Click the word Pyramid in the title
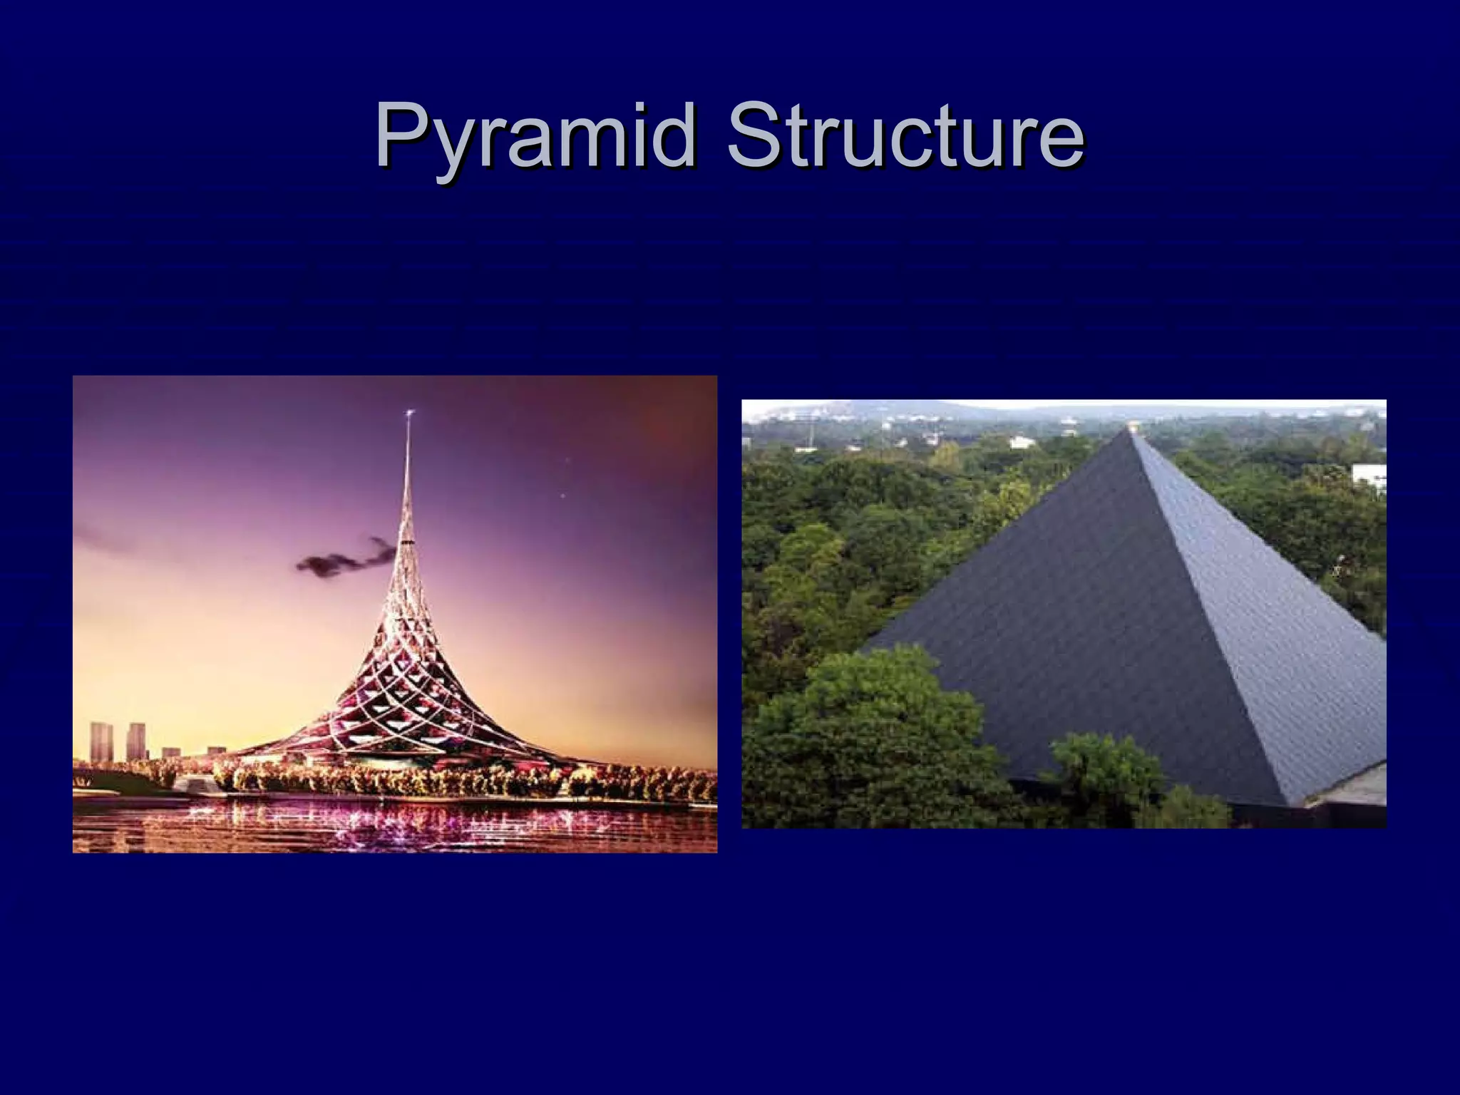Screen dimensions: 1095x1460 535,135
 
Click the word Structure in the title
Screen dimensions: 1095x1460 905,135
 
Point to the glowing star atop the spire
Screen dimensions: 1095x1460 409,413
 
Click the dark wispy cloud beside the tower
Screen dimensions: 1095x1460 342,559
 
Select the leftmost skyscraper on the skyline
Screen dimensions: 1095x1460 101,741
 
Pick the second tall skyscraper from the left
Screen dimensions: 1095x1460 136,741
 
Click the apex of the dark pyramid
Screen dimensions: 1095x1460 1131,429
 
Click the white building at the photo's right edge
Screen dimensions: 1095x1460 1370,477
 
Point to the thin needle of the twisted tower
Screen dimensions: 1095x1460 407,485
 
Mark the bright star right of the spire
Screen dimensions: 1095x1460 563,495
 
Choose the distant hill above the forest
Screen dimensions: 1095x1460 891,410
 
